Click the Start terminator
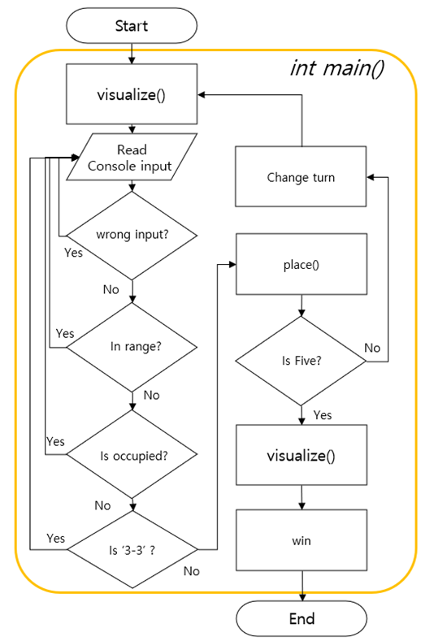[132, 25]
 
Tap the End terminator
[302, 618]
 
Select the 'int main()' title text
[337, 68]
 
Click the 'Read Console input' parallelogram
[132, 157]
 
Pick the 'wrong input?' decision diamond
[132, 236]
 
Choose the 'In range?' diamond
[132, 348]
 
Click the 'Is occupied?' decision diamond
[132, 454]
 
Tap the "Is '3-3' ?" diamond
[132, 549]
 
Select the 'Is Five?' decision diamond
[301, 361]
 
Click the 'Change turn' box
[301, 176]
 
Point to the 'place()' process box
[302, 264]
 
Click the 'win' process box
[302, 540]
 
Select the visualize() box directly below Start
[132, 94]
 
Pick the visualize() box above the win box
[302, 455]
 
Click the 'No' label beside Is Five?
[372, 348]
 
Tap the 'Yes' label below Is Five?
[323, 415]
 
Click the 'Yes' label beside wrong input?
[73, 253]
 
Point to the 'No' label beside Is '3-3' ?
[191, 571]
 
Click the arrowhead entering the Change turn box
[371, 177]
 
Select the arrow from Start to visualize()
[132, 54]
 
